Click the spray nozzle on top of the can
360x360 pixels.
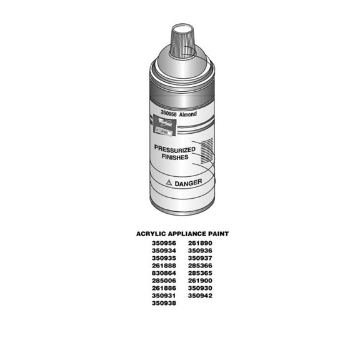coord(182,37)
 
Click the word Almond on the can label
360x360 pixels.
coord(188,115)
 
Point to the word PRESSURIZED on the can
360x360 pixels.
coord(174,150)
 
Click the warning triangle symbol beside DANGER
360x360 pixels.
coord(168,183)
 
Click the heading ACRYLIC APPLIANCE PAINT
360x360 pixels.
coord(182,234)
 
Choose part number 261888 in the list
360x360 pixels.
coord(164,265)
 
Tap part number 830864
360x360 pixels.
coord(164,272)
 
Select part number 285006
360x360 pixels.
coord(164,281)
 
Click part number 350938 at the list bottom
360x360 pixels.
coord(164,303)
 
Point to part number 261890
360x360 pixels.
coord(200,242)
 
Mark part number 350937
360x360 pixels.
coord(200,257)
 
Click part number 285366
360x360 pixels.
coord(200,265)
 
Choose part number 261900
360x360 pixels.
coord(200,281)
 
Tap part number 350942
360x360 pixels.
coord(200,296)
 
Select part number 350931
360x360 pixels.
coord(164,296)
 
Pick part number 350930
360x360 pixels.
coord(200,288)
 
